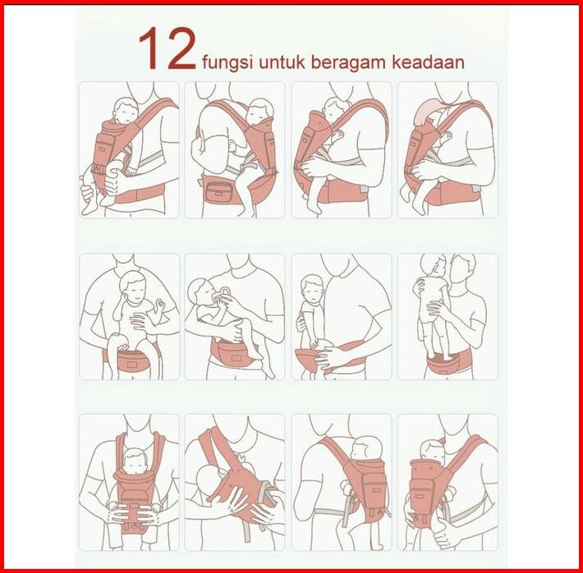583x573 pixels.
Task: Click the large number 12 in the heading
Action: point(167,48)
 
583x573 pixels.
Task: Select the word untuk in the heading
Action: point(282,62)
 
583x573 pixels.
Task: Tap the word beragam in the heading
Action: point(348,62)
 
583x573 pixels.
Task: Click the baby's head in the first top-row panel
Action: point(126,110)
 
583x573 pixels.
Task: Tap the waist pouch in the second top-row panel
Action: point(220,190)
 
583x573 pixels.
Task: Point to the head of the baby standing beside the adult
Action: point(311,287)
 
